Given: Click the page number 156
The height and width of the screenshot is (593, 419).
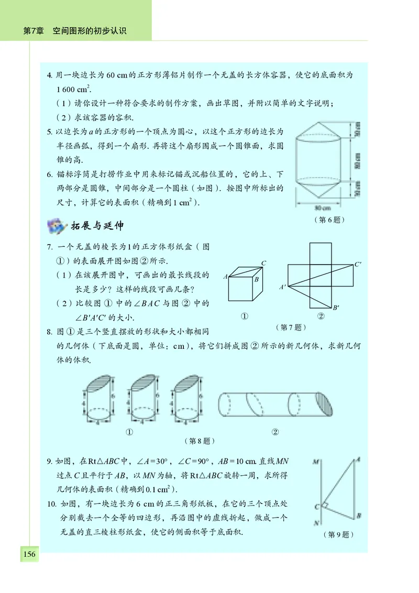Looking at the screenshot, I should tap(29, 554).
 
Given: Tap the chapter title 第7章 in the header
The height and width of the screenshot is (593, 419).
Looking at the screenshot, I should tap(33, 31).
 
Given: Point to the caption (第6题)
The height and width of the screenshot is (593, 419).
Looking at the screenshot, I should tap(328, 220).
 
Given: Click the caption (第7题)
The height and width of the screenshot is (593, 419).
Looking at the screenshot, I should tap(290, 327).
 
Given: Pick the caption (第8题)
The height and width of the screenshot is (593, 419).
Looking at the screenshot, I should tap(200, 441).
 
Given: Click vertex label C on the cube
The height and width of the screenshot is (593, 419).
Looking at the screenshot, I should tap(263, 263).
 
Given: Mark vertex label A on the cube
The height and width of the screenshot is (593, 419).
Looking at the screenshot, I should tap(225, 277).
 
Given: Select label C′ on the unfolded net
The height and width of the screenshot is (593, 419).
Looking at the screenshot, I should tap(358, 265).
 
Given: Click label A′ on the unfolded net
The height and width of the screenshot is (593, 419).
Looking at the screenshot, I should tap(282, 287).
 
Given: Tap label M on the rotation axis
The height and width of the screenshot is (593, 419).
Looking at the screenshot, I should tap(316, 462).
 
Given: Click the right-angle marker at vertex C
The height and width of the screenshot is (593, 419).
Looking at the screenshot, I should tap(325, 505).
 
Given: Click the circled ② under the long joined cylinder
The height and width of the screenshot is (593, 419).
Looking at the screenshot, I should tap(275, 432).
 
